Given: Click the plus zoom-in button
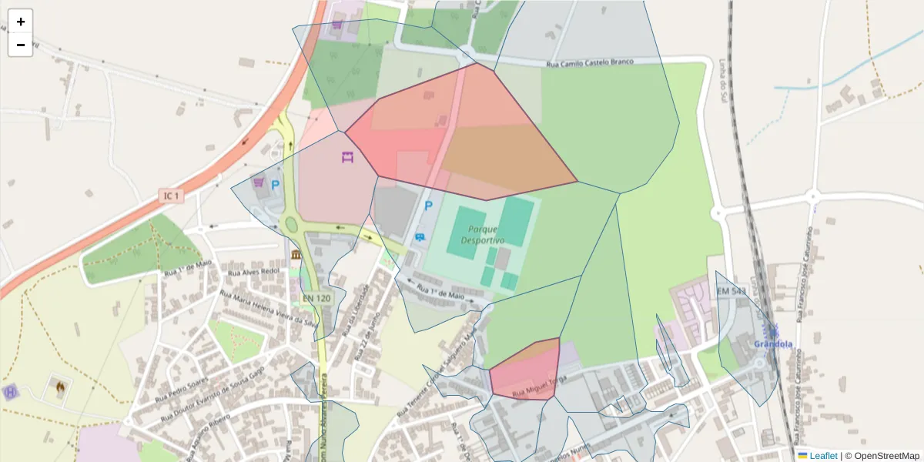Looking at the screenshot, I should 21,22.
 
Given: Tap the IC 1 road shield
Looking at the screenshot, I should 171,196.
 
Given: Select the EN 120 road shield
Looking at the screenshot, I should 316,298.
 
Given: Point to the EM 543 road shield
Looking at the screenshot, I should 731,292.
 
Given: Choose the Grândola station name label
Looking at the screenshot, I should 773,344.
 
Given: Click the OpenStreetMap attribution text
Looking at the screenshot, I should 886,456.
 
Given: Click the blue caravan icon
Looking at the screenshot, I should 420,236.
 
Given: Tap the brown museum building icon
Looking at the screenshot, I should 296,255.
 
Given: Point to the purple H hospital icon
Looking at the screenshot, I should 10,392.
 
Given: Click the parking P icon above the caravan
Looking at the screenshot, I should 429,206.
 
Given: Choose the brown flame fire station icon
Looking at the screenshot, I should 59,385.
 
